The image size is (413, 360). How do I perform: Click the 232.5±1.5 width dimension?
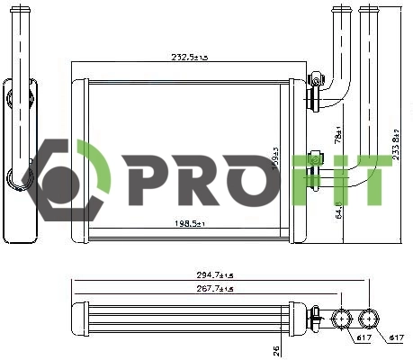click(x=189, y=57)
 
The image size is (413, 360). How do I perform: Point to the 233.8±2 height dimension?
click(x=398, y=142)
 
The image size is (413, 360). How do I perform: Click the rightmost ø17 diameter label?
click(x=393, y=337)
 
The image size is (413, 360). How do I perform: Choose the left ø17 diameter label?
click(x=361, y=337)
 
